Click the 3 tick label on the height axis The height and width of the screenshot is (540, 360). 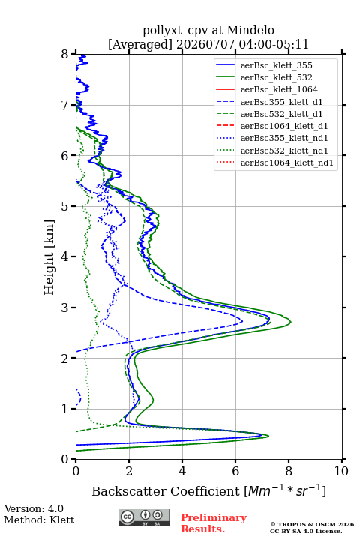click(65, 307)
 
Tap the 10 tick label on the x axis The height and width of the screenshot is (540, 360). click(341, 471)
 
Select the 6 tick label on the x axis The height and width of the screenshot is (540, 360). click(235, 471)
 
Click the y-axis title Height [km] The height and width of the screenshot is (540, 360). click(49, 257)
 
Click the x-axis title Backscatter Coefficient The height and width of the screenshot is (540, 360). click(166, 491)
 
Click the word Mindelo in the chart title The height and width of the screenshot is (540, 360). click(250, 30)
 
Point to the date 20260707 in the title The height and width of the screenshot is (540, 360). click(205, 44)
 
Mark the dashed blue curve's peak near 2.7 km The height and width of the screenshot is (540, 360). click(242, 322)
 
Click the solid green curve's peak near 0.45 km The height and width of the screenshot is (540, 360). click(268, 436)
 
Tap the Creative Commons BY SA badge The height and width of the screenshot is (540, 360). click(144, 517)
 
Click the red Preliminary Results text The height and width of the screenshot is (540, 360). click(214, 523)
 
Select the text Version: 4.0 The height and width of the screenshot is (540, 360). click(34, 508)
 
